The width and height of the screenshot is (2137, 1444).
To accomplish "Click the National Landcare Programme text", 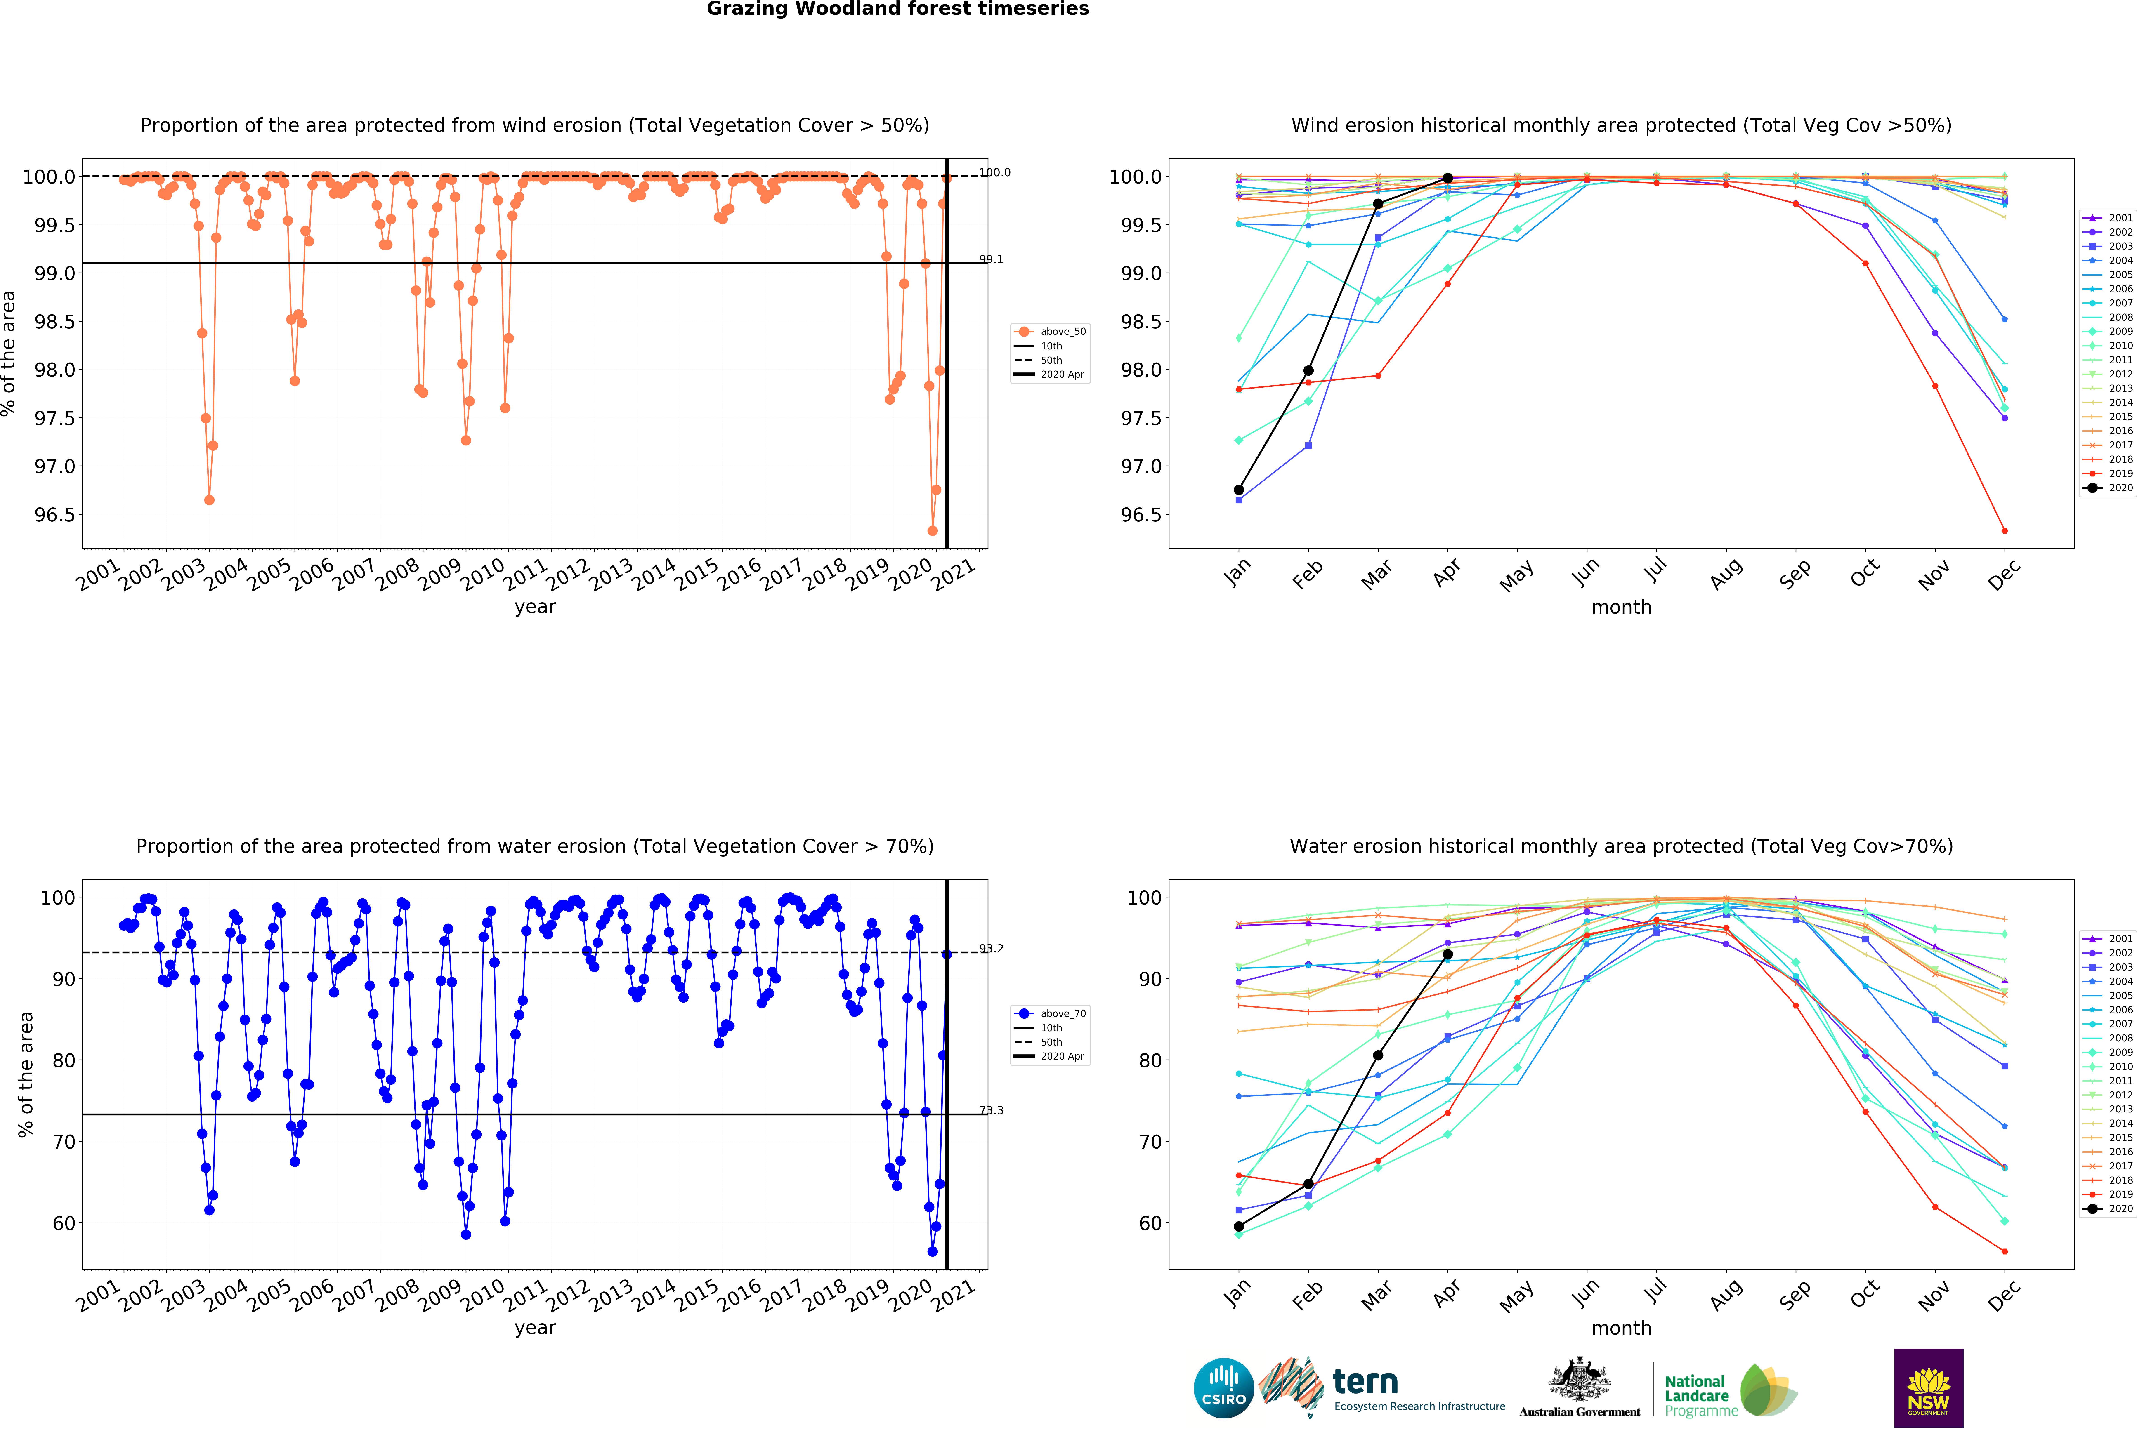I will click(1697, 1395).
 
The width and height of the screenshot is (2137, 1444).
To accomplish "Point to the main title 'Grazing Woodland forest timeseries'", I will click(897, 9).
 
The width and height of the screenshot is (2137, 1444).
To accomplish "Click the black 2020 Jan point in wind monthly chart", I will click(1239, 490).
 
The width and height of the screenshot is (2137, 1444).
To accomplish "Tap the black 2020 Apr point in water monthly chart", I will click(1447, 955).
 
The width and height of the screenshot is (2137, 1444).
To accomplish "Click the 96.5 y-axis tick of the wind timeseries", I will click(55, 515).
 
